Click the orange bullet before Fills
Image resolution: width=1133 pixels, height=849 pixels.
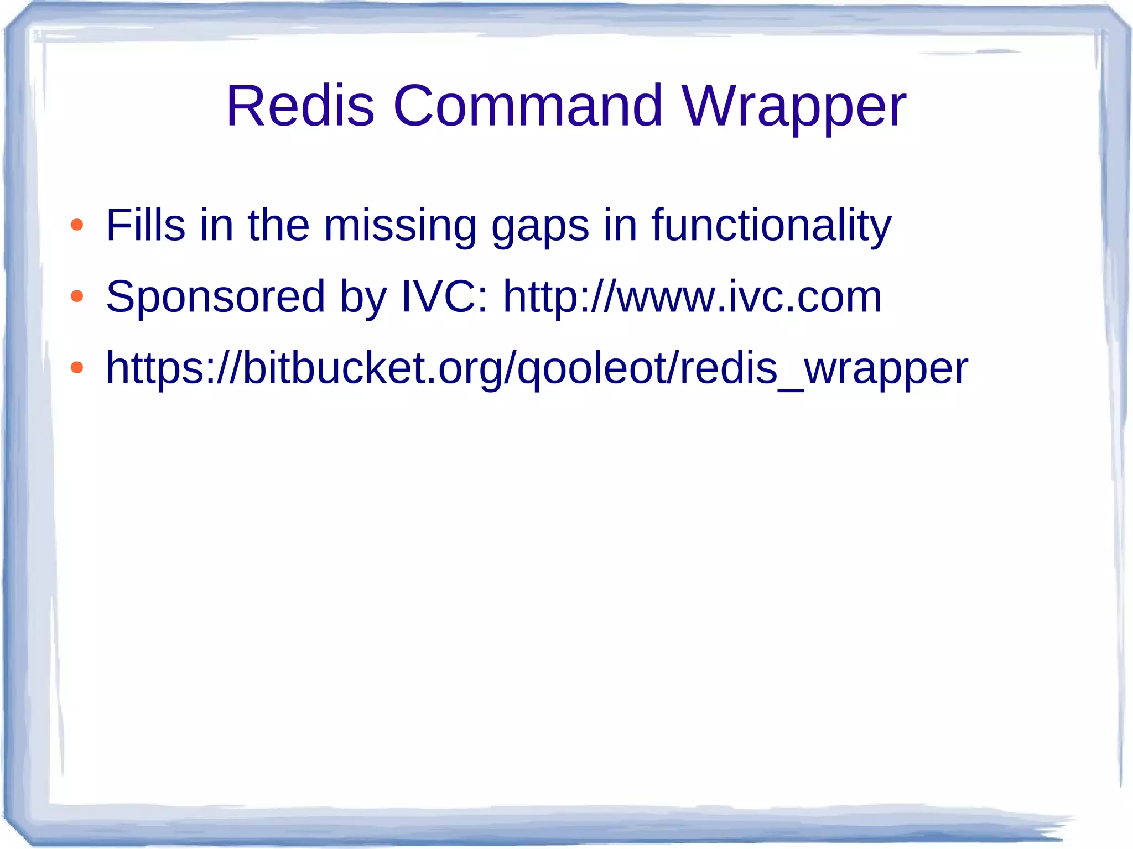(x=77, y=225)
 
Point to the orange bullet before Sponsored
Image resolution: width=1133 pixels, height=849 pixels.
(x=77, y=296)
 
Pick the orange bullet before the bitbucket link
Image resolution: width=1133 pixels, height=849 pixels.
(x=77, y=367)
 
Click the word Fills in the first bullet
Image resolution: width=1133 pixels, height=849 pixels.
(x=145, y=225)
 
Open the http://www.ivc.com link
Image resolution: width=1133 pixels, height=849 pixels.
(x=692, y=297)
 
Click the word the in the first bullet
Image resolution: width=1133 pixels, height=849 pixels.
(x=278, y=225)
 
